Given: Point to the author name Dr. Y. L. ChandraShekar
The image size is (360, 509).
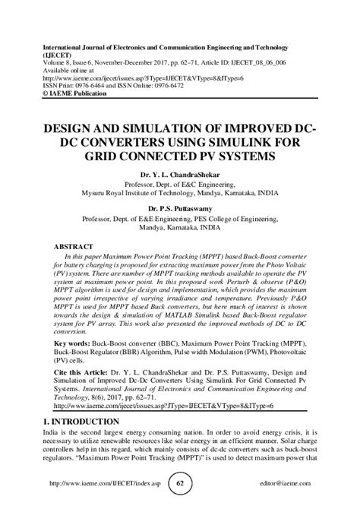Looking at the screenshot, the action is click(x=179, y=173).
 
